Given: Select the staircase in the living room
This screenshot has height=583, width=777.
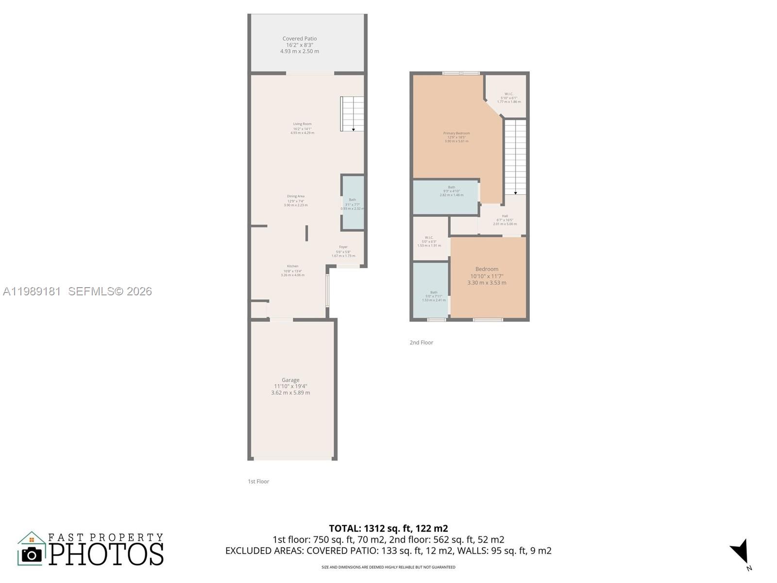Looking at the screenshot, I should pos(352,114).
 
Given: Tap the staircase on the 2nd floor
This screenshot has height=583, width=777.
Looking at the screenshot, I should pos(515,156).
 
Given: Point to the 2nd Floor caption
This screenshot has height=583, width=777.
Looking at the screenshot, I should pos(421,343).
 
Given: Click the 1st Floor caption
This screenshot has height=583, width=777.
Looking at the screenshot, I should pos(258,481).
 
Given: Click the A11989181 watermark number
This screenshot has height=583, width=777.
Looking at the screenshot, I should pos(32,291).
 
